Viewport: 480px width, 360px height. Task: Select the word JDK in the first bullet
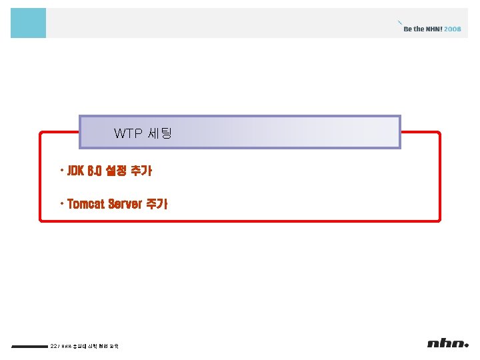tap(75, 171)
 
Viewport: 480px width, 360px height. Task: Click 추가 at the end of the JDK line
tap(141, 171)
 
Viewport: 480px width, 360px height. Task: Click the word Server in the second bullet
tap(124, 204)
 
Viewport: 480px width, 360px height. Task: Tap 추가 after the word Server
tap(157, 204)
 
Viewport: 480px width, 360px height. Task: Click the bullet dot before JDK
tap(61, 170)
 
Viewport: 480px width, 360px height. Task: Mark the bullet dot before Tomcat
tap(61, 203)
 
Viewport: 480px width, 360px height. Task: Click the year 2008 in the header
tap(452, 29)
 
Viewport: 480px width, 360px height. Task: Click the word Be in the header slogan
tap(408, 29)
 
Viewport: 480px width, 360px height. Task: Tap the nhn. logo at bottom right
tap(449, 344)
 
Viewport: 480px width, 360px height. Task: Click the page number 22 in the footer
tap(53, 345)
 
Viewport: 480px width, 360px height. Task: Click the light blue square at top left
tap(29, 23)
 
